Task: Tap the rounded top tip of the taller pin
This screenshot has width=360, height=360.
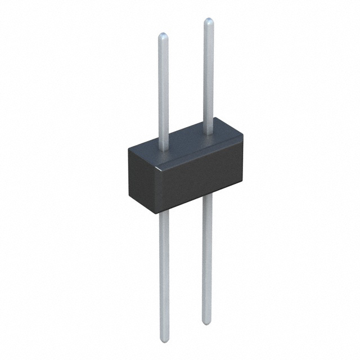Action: [208, 21]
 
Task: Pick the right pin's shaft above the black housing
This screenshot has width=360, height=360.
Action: [208, 73]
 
